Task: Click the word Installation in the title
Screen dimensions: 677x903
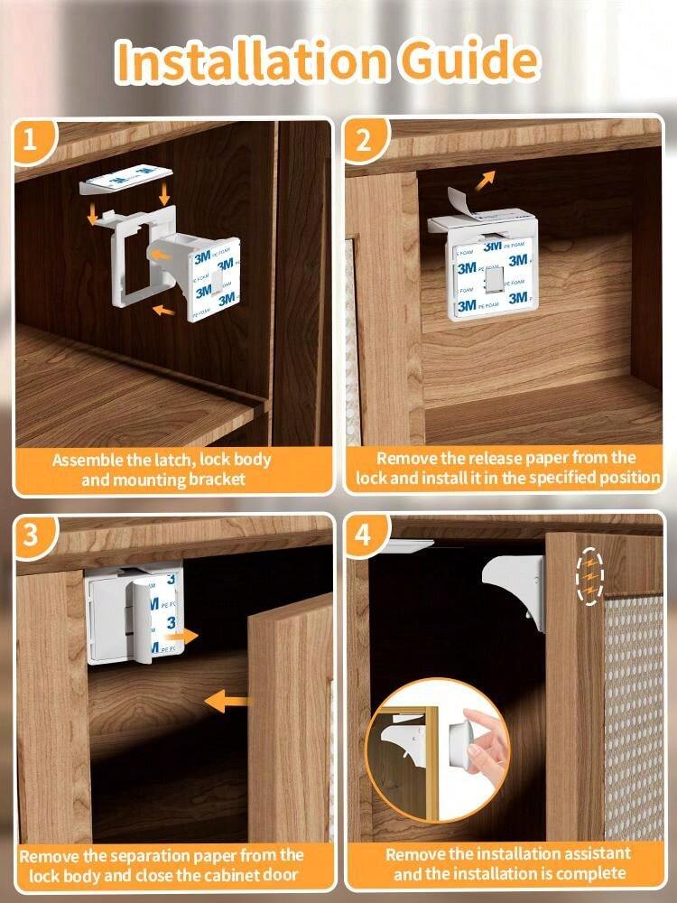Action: [x=250, y=61]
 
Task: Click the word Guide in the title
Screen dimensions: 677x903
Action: [x=469, y=61]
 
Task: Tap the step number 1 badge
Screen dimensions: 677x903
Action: [x=32, y=139]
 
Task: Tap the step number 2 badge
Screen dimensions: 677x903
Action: [x=364, y=139]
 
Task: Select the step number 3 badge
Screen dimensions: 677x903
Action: [x=32, y=535]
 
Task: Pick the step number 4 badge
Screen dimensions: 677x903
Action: [x=363, y=535]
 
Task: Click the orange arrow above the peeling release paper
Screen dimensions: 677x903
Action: [x=486, y=179]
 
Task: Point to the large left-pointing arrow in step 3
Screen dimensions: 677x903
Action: [x=227, y=702]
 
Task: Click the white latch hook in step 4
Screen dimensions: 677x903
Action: [x=515, y=588]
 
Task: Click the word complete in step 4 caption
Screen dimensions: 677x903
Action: [x=591, y=873]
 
